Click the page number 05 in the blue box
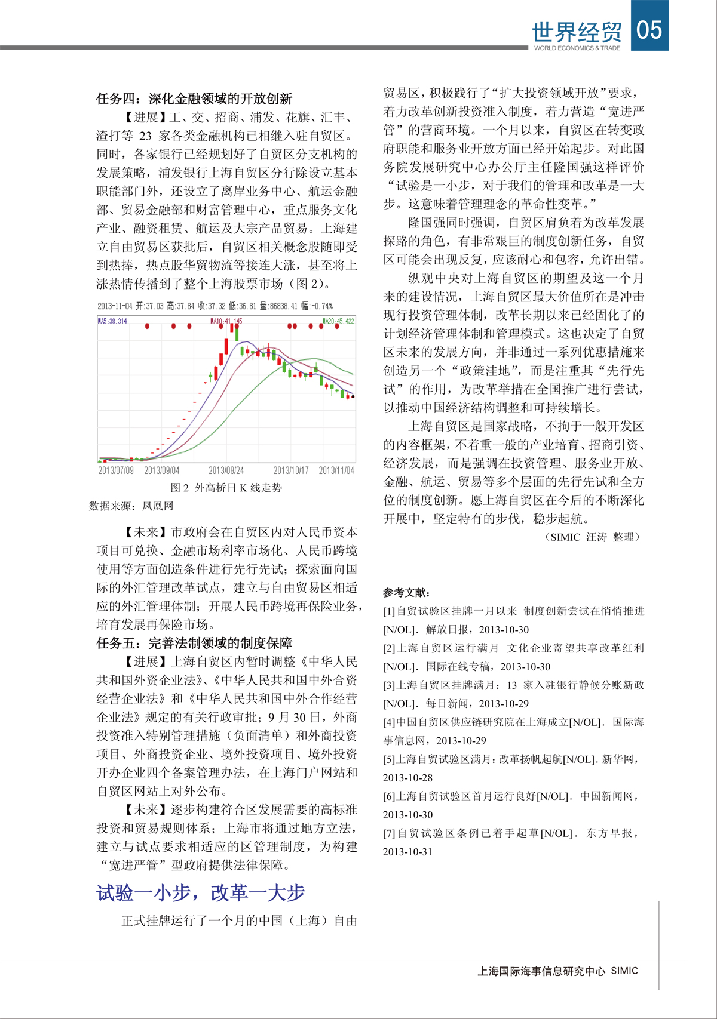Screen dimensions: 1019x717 pos(649,29)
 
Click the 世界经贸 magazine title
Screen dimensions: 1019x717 pos(577,33)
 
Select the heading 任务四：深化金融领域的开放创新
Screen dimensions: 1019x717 pos(194,98)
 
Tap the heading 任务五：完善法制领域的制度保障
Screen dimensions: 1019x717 pos(194,643)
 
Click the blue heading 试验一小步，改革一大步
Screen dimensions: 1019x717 pos(201,893)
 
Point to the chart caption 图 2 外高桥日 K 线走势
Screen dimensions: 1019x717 pos(226,488)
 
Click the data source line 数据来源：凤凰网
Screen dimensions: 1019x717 pos(131,506)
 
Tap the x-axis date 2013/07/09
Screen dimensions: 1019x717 pos(116,470)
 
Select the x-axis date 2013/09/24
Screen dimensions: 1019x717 pos(226,470)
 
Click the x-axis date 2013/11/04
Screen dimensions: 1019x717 pos(336,470)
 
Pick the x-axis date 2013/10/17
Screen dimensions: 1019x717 pos(291,470)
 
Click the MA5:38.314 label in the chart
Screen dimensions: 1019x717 pos(113,321)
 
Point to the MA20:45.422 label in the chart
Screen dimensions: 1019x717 pos(339,321)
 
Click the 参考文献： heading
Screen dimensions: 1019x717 pos(406,592)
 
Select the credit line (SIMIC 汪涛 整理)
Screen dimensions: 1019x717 pos(593,537)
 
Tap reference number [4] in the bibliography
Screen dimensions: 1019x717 pos(389,722)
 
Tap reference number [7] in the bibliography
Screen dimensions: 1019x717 pos(389,833)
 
